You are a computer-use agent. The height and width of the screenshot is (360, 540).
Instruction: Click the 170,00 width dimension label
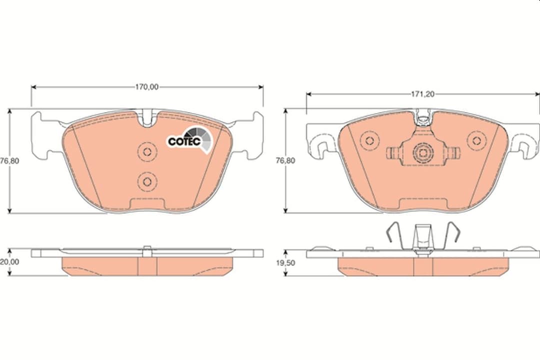coord(146,86)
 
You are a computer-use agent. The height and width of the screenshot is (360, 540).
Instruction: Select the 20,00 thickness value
coord(9,261)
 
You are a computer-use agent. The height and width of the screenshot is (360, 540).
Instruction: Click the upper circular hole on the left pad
coord(146,151)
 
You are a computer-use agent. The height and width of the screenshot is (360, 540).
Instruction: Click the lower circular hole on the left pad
coord(146,180)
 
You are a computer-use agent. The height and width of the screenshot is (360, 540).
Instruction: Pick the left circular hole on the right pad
coord(369,140)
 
